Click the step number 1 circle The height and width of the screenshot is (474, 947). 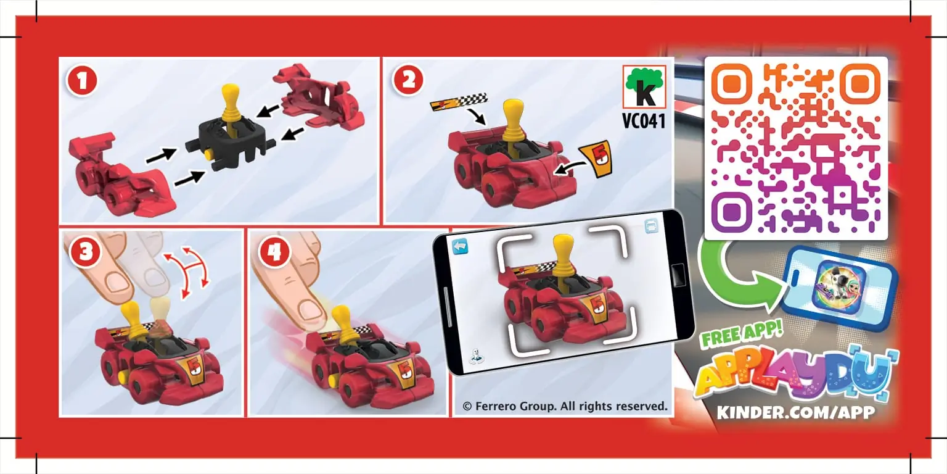83,81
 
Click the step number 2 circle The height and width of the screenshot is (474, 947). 408,81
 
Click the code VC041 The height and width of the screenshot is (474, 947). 644,121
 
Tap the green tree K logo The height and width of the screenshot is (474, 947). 644,88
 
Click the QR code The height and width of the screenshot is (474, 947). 796,148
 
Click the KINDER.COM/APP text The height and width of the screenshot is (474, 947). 796,412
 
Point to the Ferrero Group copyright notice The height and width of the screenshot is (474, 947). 565,406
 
